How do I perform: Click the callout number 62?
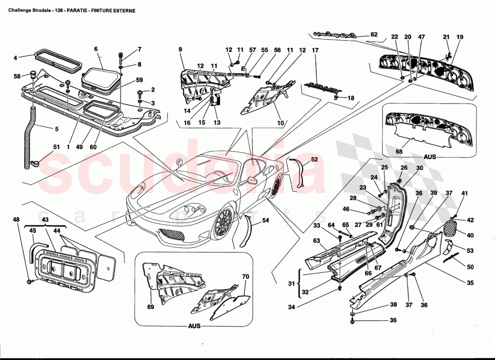[x=374, y=35]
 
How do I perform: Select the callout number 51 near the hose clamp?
[x=56, y=147]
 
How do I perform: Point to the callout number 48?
[x=16, y=220]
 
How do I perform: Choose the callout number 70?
[x=245, y=276]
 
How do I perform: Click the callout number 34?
[x=292, y=307]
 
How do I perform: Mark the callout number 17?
[x=315, y=51]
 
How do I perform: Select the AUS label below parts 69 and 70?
[x=194, y=326]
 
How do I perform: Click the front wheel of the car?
[x=223, y=224]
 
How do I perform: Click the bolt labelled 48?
[x=30, y=281]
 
